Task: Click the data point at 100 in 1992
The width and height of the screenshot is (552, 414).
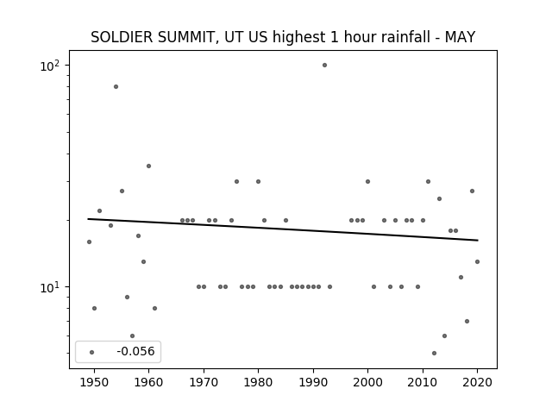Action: click(x=324, y=66)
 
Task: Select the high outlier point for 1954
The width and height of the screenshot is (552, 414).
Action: click(x=116, y=86)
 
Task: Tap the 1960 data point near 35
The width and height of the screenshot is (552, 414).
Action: click(x=148, y=166)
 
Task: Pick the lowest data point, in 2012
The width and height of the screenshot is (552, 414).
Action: click(x=434, y=353)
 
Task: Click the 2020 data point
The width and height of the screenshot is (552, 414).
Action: click(x=477, y=261)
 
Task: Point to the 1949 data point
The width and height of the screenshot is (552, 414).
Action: click(x=89, y=241)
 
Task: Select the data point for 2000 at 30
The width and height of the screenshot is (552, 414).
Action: click(x=368, y=182)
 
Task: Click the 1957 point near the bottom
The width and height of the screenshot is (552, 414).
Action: click(x=132, y=336)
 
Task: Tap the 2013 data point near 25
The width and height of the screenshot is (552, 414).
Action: click(x=439, y=199)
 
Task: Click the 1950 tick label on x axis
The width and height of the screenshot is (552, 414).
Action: click(x=94, y=382)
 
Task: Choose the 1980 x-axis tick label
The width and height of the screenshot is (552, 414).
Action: click(x=258, y=382)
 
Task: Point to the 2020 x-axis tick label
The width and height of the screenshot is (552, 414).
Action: click(x=477, y=382)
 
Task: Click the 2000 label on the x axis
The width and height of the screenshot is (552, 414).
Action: click(x=368, y=382)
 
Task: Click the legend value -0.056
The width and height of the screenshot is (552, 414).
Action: click(x=135, y=351)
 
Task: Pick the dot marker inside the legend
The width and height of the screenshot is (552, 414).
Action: click(x=92, y=352)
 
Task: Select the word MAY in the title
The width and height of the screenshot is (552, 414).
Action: click(x=460, y=37)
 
